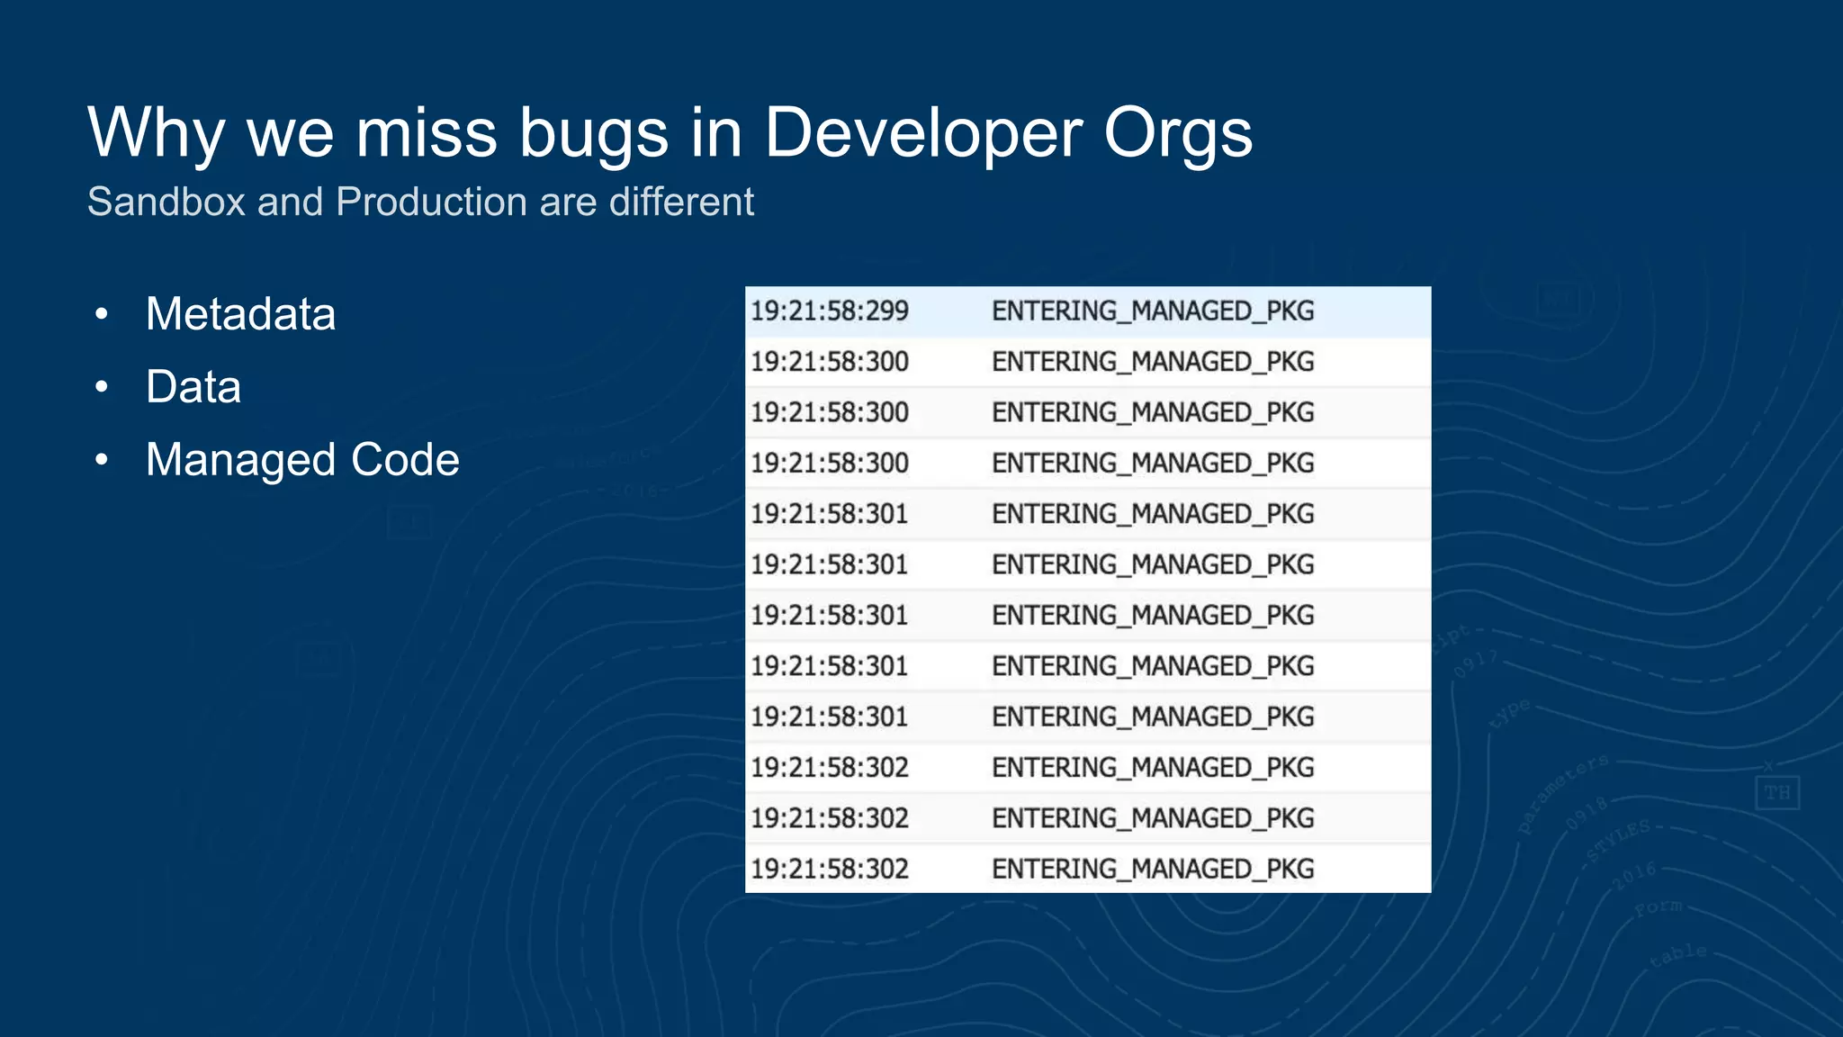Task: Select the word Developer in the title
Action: click(922, 133)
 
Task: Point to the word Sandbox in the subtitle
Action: click(166, 202)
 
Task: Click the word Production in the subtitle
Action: click(431, 202)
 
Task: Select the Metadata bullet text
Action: click(240, 314)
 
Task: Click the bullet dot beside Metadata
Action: click(102, 315)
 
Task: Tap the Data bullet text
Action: click(193, 387)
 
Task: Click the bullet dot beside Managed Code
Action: click(102, 461)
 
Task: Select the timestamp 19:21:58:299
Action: click(830, 311)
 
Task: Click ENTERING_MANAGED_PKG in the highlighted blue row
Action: click(1153, 311)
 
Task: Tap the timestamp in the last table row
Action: click(830, 870)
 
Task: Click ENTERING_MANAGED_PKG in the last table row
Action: click(1153, 870)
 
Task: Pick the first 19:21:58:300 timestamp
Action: click(830, 362)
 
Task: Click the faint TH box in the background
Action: click(1776, 793)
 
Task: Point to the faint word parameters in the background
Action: click(1563, 793)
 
